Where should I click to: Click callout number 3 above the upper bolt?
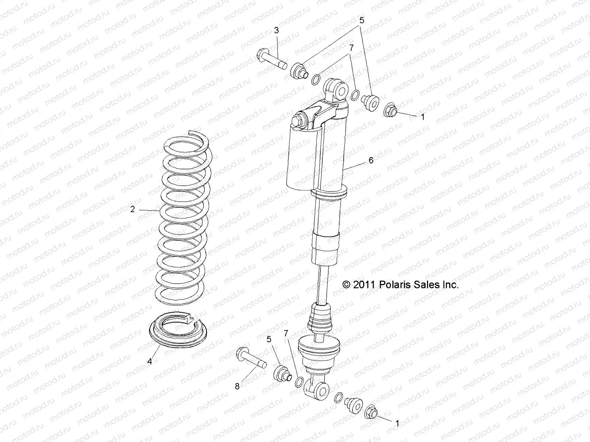276,31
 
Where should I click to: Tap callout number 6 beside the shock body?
371,160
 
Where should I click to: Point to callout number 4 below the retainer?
149,362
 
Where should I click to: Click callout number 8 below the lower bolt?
237,386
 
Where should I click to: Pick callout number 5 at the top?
362,21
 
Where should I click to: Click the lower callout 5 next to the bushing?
269,338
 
